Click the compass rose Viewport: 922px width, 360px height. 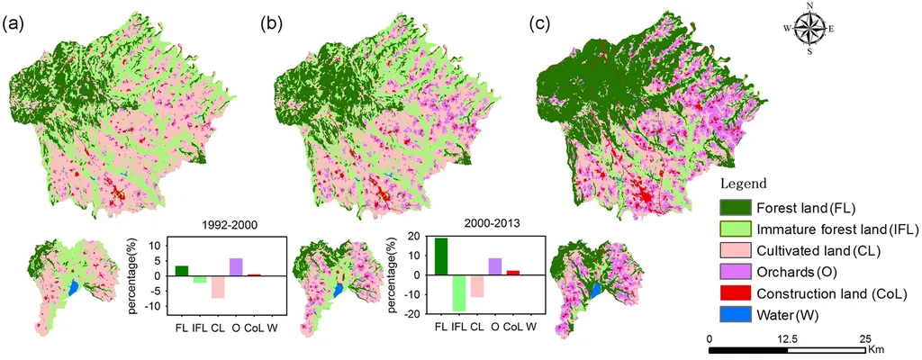809,28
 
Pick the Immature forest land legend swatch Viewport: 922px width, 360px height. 734,233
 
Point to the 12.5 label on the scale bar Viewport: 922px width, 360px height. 787,337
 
